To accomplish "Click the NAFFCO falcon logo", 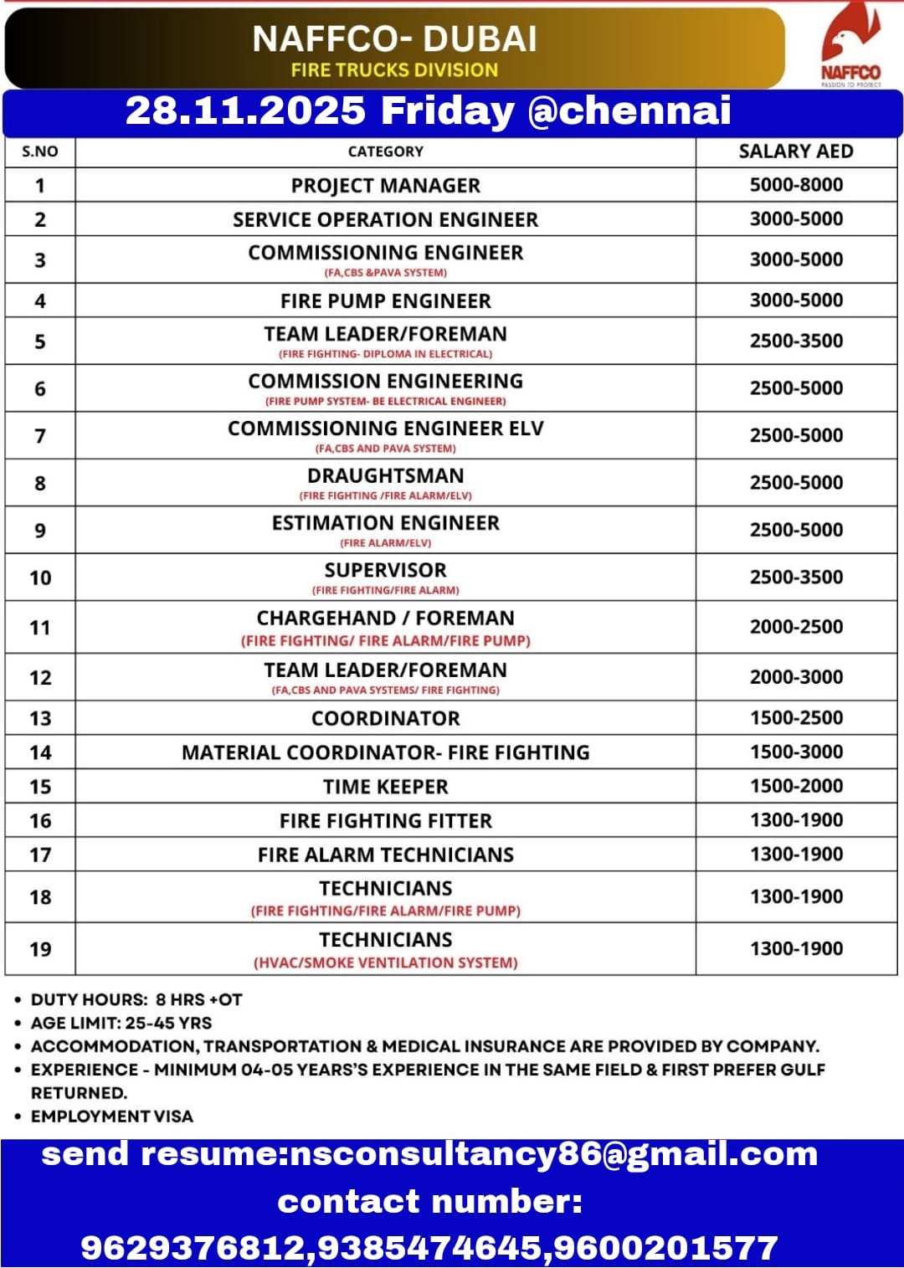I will click(850, 42).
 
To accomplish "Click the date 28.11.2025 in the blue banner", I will click(245, 110).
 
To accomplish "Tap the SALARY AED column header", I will click(795, 151).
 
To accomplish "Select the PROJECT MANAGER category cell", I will click(385, 186).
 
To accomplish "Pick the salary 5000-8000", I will click(795, 185).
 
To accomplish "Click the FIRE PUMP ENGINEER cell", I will click(385, 301).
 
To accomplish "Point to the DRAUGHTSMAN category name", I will click(385, 476).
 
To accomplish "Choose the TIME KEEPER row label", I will click(385, 787).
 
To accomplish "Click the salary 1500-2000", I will click(795, 786).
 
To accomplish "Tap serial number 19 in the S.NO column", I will click(40, 949).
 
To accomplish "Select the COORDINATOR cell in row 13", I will click(385, 719).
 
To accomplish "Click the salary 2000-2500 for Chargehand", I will click(795, 627).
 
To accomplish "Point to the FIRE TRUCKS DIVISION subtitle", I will click(394, 70).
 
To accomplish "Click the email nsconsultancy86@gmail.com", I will click(552, 1155).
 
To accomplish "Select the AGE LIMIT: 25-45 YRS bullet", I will click(121, 1023).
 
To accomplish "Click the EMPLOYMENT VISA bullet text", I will click(111, 1117).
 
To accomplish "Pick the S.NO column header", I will click(40, 151).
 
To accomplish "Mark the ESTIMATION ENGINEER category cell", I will click(385, 524).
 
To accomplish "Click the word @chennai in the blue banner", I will click(629, 110).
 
